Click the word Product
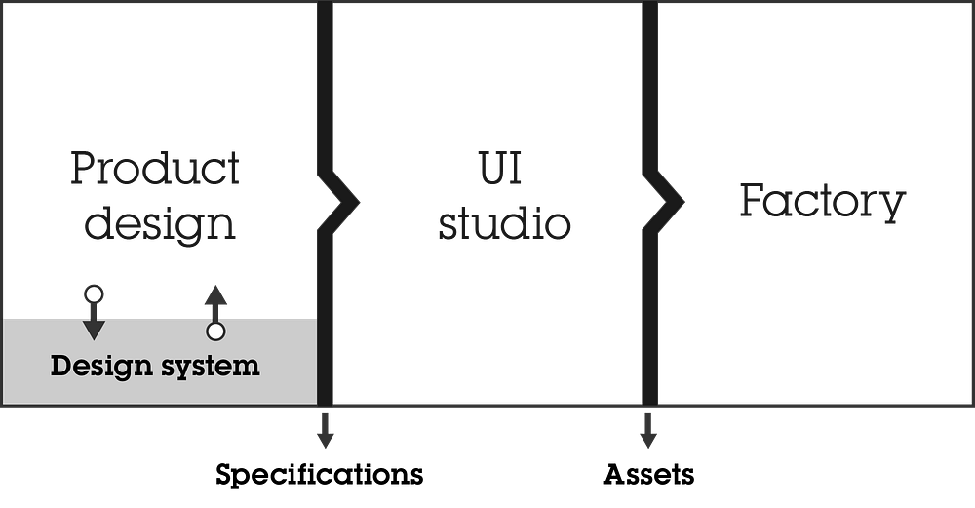[x=155, y=168]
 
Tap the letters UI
[x=500, y=168]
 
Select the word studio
[x=504, y=222]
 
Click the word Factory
[x=823, y=201]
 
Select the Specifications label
[x=320, y=475]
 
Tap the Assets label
[x=648, y=475]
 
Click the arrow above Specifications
[x=326, y=430]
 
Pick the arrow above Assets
[x=648, y=430]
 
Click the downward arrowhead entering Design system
[x=94, y=330]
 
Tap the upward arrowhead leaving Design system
[x=215, y=295]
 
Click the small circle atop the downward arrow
[x=94, y=294]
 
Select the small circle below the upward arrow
[x=215, y=332]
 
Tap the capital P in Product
[x=84, y=169]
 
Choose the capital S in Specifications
[x=224, y=475]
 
